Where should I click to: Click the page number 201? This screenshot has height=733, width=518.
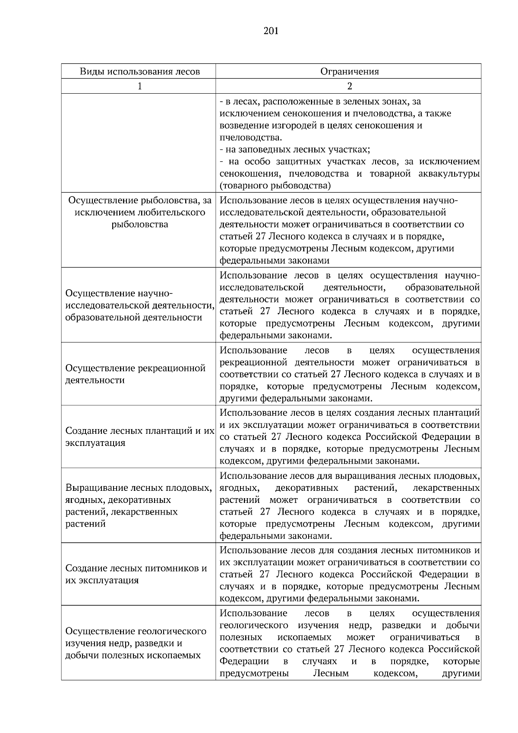click(x=271, y=31)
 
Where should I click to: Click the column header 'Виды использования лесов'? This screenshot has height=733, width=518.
click(x=139, y=71)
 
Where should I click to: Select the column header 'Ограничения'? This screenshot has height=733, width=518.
click(x=349, y=71)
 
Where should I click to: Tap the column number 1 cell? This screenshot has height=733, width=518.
click(x=139, y=86)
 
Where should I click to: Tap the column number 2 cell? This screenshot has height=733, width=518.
click(x=349, y=86)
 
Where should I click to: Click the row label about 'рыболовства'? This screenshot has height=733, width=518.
click(x=139, y=212)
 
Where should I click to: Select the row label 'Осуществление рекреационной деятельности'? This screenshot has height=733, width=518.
click(x=135, y=374)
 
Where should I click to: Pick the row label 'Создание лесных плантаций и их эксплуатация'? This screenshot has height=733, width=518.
click(x=139, y=437)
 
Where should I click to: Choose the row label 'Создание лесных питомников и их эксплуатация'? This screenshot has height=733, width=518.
click(x=136, y=574)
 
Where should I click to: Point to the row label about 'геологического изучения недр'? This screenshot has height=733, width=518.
click(x=136, y=643)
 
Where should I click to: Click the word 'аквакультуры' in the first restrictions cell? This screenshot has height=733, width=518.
click(x=449, y=174)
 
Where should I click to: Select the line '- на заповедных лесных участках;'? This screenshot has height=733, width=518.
click(x=295, y=150)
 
